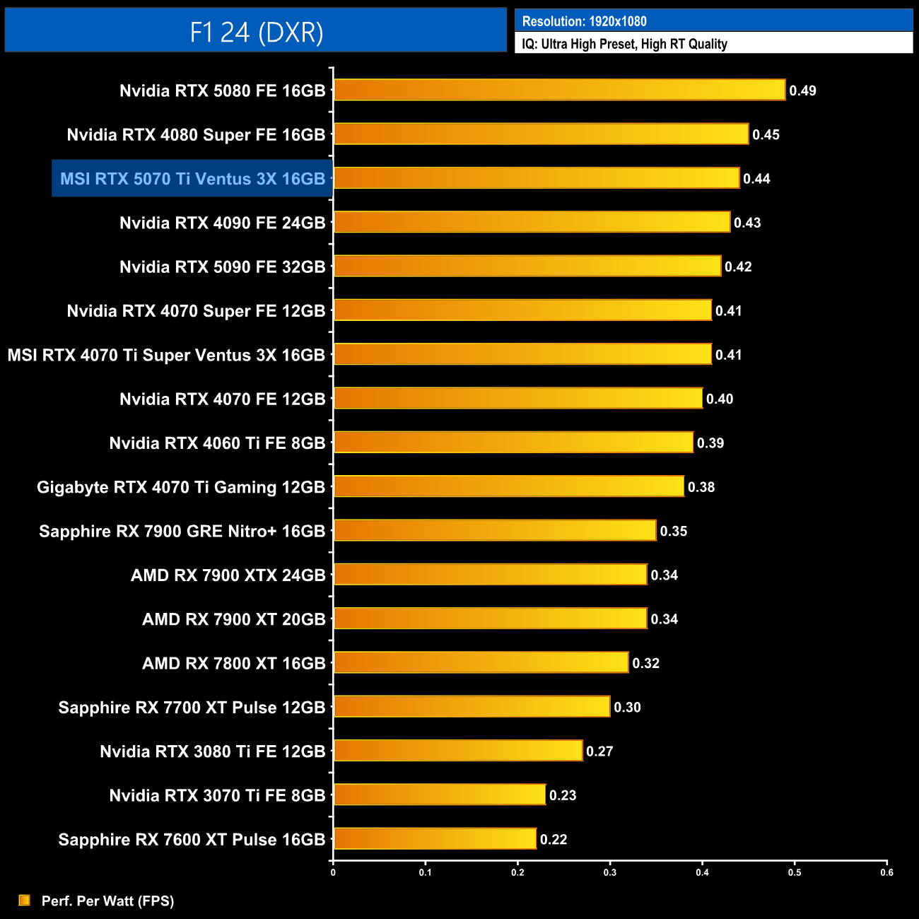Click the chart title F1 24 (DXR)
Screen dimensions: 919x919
256,32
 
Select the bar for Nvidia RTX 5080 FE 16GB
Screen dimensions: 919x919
559,90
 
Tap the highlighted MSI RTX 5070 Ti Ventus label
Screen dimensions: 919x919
192,179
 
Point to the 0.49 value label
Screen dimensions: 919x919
802,90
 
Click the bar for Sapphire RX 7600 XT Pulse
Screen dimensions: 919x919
435,838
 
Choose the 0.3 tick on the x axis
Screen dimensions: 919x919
610,872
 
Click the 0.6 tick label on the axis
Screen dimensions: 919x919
886,872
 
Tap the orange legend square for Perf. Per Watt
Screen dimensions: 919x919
25,900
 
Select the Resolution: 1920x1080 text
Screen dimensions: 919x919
584,21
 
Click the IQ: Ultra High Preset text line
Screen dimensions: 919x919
624,44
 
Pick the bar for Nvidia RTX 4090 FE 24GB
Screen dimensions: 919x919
532,222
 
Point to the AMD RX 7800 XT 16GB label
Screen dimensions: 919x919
234,663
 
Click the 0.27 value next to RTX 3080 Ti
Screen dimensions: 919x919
599,751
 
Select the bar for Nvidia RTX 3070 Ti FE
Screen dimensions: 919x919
439,795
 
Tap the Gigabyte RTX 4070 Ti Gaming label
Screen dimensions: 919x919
181,487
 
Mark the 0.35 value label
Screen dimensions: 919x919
673,531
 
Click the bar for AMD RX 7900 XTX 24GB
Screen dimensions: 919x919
490,575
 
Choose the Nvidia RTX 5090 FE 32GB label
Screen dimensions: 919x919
223,267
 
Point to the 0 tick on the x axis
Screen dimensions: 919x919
333,872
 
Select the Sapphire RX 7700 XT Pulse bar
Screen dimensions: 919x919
472,706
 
